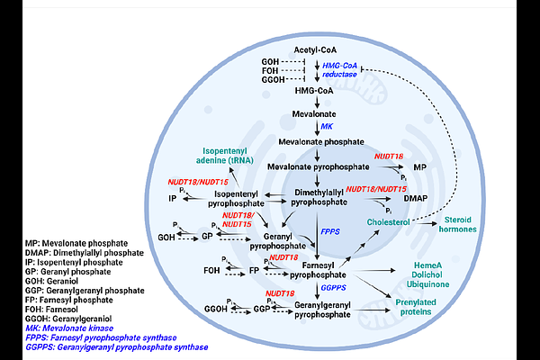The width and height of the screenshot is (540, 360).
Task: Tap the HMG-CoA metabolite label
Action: pos(316,92)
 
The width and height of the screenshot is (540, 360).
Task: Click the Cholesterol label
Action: pos(389,220)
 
